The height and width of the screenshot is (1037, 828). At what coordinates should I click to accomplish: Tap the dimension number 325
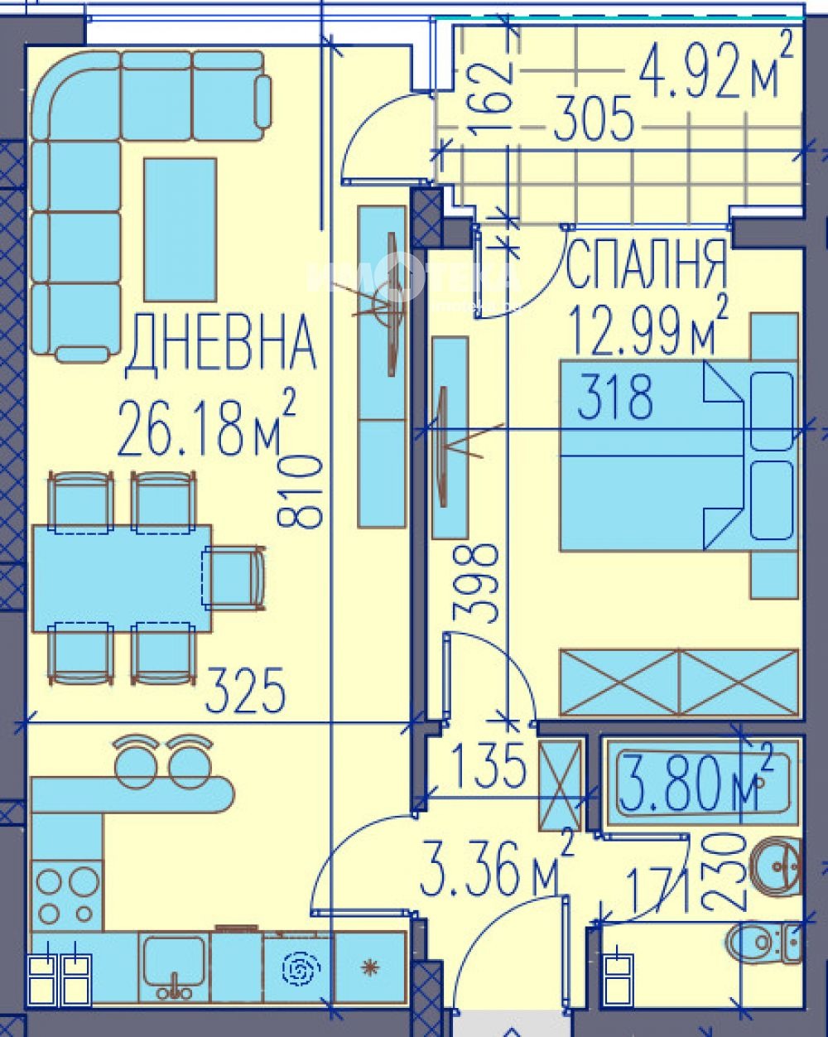click(245, 692)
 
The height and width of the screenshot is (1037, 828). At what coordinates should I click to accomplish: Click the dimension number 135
click(489, 765)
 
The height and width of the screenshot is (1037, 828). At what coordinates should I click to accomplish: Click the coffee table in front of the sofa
click(180, 229)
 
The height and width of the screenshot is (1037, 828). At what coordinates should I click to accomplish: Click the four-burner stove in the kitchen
click(66, 895)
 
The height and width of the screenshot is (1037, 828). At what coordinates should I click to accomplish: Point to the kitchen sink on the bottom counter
click(174, 965)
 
